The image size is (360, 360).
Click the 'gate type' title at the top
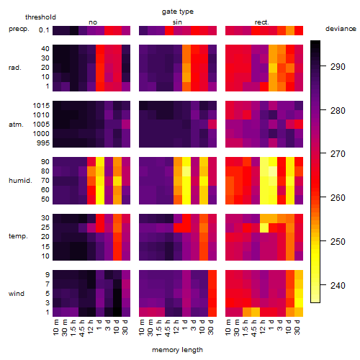(x=178, y=12)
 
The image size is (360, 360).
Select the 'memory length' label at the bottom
(x=177, y=350)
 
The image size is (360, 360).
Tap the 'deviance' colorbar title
(x=341, y=29)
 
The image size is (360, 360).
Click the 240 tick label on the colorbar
(x=338, y=286)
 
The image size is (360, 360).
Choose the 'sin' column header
(x=177, y=22)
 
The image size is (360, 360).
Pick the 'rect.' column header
(x=261, y=22)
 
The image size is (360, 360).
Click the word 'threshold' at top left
(x=40, y=17)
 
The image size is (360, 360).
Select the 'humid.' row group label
(x=20, y=181)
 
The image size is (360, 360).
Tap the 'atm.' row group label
(x=16, y=125)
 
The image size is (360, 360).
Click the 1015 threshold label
(x=41, y=106)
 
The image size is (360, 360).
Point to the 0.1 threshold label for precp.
(x=44, y=30)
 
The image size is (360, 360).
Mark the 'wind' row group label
(x=17, y=294)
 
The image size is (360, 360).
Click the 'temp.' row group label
(x=18, y=236)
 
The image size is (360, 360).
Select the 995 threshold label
(x=43, y=143)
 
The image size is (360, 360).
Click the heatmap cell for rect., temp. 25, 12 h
(x=264, y=228)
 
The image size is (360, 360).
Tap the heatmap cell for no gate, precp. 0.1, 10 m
(x=57, y=30)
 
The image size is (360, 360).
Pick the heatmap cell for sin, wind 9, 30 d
(x=212, y=274)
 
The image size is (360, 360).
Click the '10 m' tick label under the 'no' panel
(x=56, y=327)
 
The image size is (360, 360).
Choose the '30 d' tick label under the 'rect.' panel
(x=297, y=327)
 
